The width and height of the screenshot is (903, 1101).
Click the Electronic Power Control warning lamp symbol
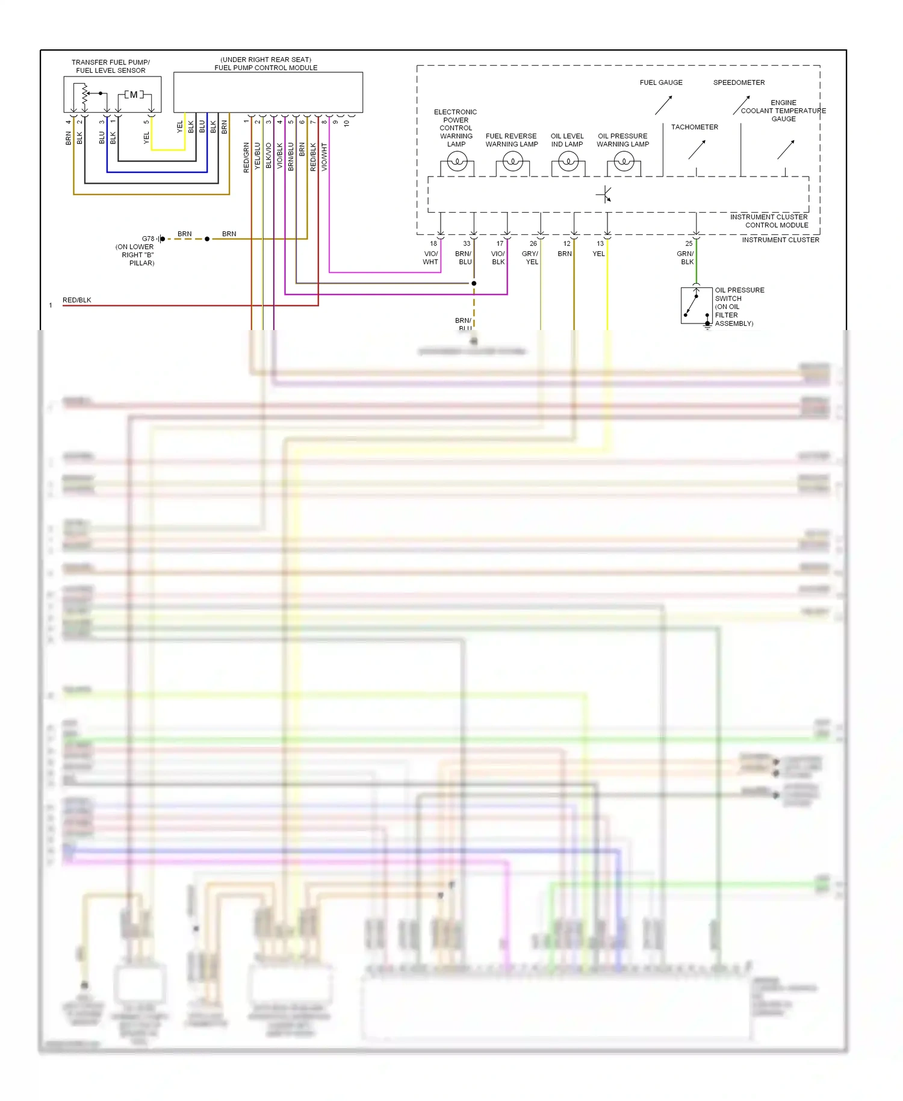(457, 161)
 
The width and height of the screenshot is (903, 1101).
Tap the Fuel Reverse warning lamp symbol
(512, 161)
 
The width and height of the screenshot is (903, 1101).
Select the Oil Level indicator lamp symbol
(568, 161)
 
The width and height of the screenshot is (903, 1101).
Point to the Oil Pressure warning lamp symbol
(624, 161)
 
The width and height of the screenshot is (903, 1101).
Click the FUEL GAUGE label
(661, 83)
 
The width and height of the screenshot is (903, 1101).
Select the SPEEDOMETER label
(739, 83)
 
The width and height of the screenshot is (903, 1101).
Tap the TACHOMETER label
(695, 127)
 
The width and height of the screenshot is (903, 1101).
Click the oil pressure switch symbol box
(696, 305)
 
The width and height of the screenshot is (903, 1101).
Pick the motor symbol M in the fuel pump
(134, 95)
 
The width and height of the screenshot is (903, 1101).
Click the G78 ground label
(147, 239)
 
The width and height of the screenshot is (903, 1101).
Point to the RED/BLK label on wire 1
(77, 300)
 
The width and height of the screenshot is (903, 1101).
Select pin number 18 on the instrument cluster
(433, 243)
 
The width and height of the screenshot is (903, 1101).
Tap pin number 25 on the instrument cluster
(689, 243)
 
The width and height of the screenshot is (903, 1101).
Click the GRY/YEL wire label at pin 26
(530, 258)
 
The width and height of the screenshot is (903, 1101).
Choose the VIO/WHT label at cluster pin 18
(430, 258)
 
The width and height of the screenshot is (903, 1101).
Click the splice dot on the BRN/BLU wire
(474, 283)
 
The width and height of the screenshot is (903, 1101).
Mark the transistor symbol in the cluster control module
(604, 195)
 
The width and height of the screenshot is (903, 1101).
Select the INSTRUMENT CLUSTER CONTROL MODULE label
(769, 221)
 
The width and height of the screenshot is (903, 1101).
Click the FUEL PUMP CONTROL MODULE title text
(266, 68)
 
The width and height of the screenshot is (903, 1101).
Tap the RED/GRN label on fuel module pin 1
(246, 157)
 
